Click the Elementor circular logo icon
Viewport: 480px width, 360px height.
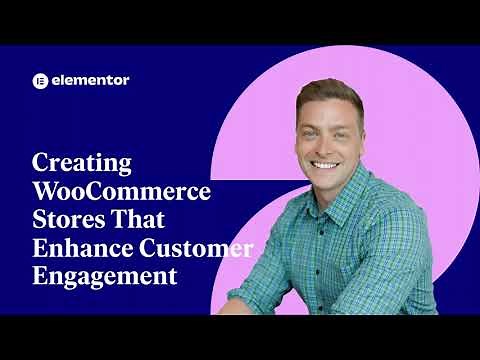(x=41, y=80)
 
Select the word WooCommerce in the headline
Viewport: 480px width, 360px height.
(x=121, y=191)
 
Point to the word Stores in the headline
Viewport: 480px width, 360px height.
(x=68, y=219)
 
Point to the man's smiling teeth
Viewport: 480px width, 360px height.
(x=326, y=164)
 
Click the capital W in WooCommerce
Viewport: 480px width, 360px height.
(x=46, y=191)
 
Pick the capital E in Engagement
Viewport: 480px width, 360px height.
(x=40, y=274)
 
